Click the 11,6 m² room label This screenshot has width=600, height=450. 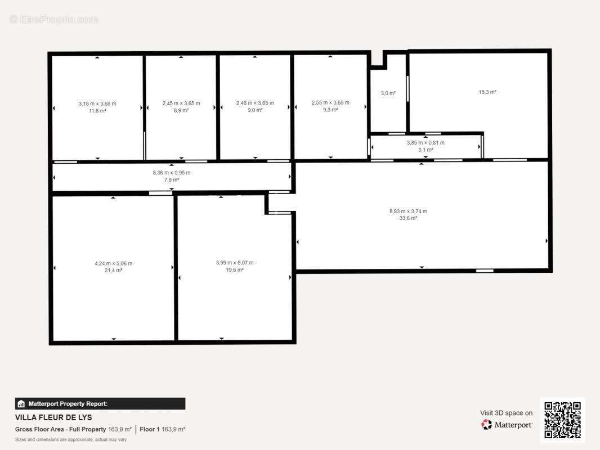(x=97, y=111)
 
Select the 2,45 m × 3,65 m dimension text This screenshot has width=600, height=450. (x=181, y=103)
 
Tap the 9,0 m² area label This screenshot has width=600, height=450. (x=255, y=110)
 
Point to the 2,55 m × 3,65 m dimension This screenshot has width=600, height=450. (x=330, y=102)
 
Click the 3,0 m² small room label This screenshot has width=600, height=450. (x=388, y=93)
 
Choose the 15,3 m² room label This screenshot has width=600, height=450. (x=487, y=92)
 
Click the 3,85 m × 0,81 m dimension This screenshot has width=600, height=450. (x=426, y=143)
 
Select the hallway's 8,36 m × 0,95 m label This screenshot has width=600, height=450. (x=172, y=173)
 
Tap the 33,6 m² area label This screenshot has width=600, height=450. (x=408, y=218)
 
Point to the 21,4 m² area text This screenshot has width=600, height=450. (x=113, y=271)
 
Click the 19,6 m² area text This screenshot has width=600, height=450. (x=235, y=270)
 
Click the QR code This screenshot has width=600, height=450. (x=562, y=420)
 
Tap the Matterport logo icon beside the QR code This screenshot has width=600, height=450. (x=486, y=424)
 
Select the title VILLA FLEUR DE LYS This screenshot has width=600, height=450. (x=53, y=417)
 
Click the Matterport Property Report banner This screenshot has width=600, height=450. (x=100, y=404)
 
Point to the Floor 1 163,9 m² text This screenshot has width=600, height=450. (x=162, y=429)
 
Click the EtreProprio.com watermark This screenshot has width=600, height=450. (x=54, y=19)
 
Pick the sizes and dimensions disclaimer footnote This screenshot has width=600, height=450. (x=71, y=440)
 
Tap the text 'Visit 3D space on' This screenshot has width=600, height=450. (x=506, y=413)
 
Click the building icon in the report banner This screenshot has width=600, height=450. (x=21, y=404)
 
